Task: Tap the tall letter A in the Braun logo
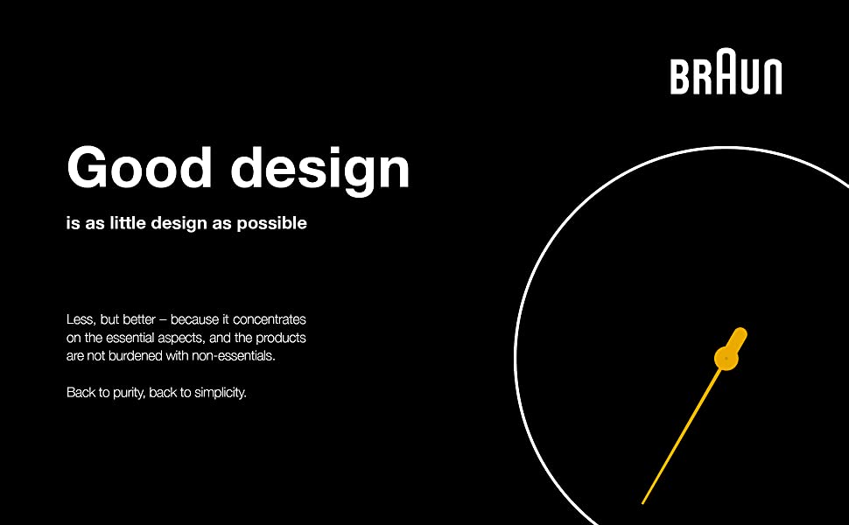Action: [x=726, y=71]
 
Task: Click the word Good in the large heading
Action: [x=139, y=167]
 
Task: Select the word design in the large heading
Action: [x=320, y=170]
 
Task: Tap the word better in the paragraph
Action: [x=139, y=319]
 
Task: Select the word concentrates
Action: [x=269, y=319]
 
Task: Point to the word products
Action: [x=280, y=339]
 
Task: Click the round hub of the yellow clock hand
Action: [x=726, y=358]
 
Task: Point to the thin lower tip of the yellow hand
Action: [x=642, y=503]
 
